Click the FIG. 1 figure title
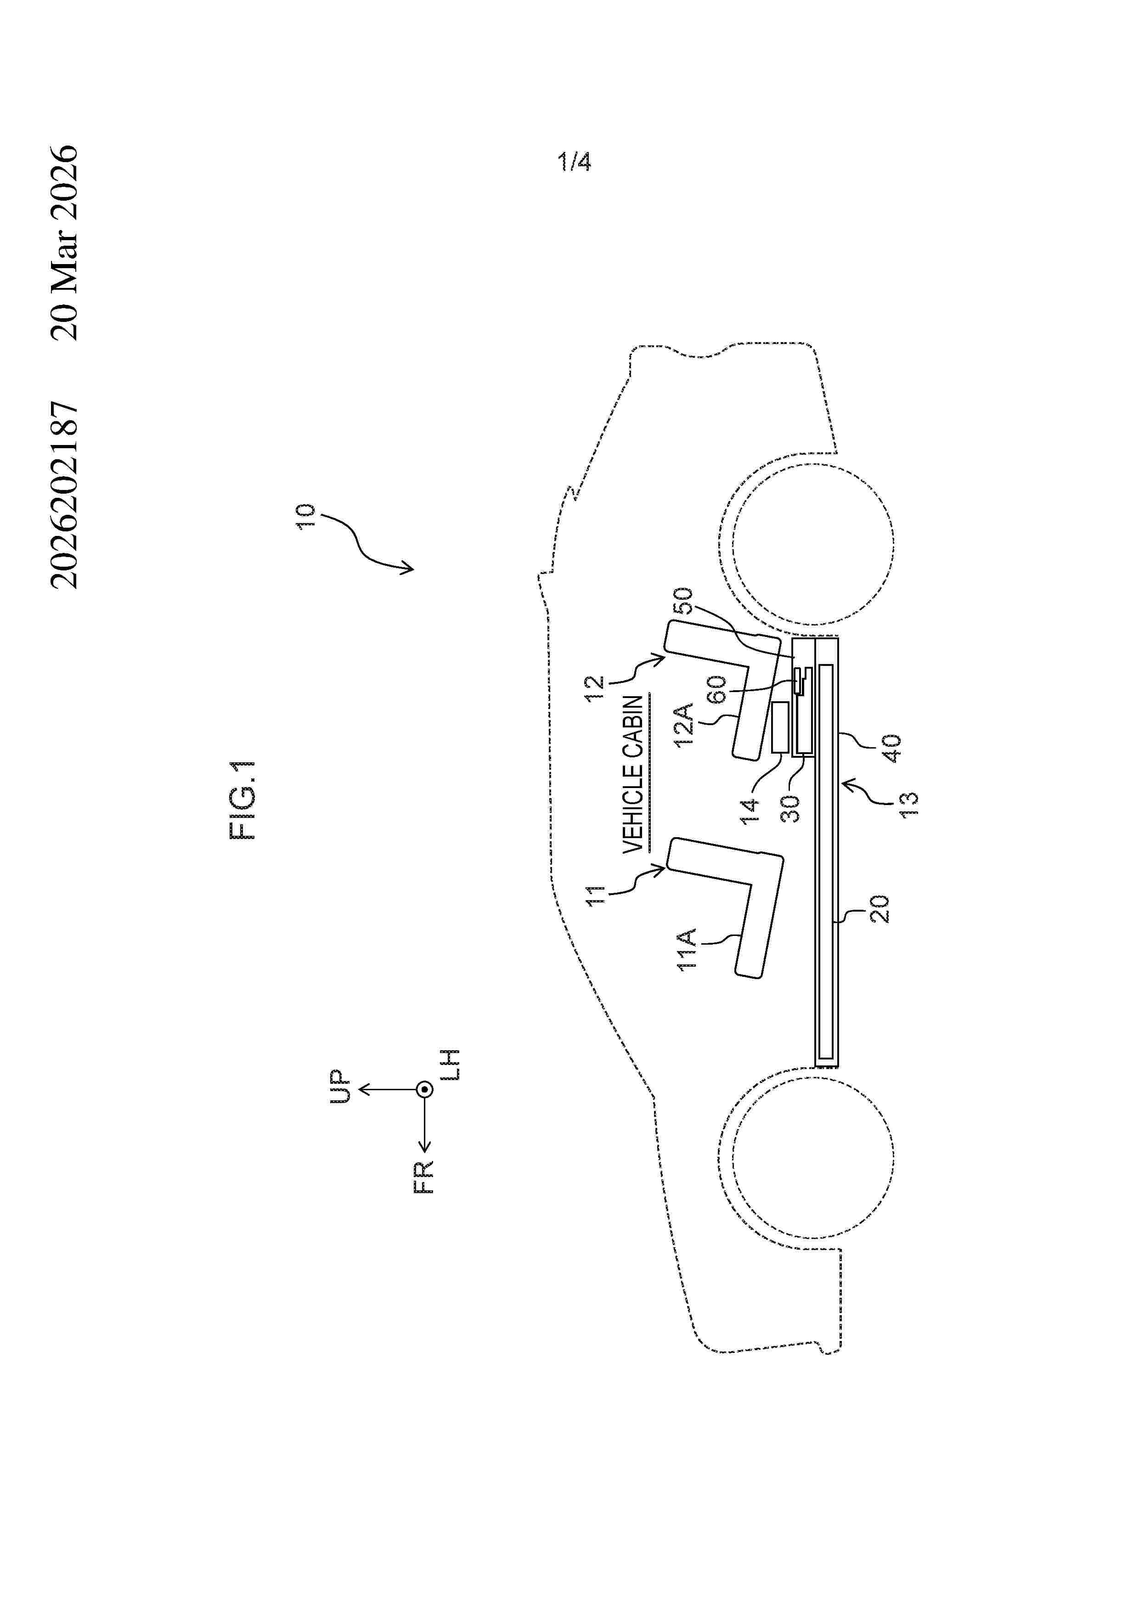243,800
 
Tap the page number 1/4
574,162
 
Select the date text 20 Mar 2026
65,243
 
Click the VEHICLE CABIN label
633,774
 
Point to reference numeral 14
750,811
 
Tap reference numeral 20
880,909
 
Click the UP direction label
340,1087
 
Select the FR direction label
424,1177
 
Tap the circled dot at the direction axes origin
424,1090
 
